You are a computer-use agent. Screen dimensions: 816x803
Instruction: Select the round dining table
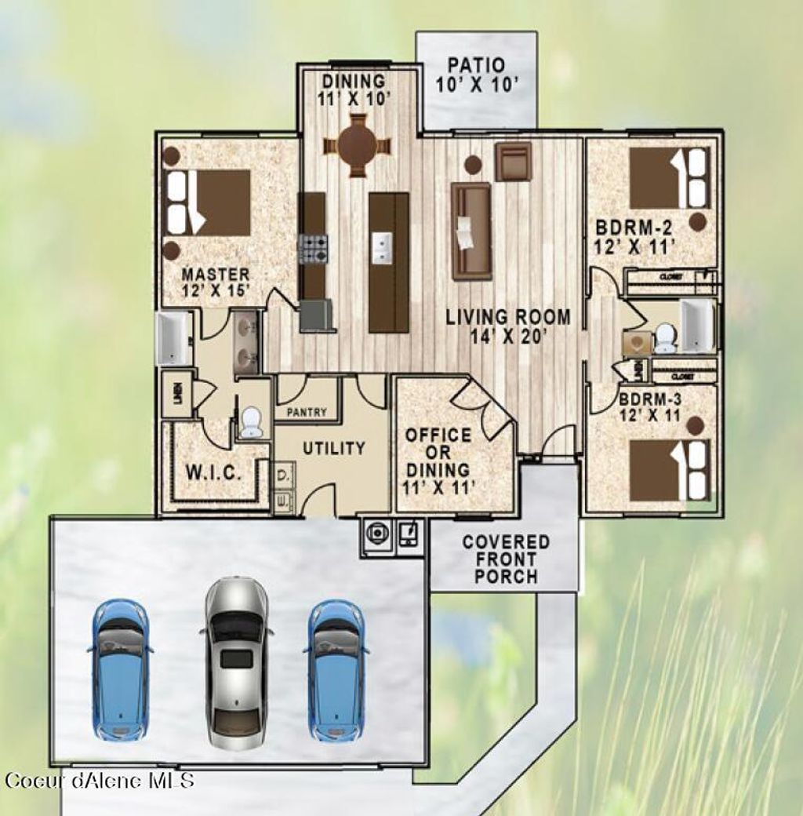358,145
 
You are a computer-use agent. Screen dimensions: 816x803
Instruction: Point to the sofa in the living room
471,231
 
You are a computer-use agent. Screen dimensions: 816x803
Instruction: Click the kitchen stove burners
314,249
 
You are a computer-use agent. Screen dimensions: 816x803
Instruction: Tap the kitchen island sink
382,248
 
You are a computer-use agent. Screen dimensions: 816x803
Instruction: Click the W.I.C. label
212,473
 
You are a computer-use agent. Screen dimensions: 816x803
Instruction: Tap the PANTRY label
307,412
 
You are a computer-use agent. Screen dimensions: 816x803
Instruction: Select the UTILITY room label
334,449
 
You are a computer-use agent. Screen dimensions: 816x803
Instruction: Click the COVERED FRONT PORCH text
506,559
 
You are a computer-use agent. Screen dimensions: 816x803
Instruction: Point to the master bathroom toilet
251,421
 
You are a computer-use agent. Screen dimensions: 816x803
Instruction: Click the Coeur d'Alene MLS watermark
99,780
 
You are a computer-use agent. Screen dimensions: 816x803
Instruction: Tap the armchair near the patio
513,161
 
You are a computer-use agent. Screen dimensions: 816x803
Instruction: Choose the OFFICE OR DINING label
438,461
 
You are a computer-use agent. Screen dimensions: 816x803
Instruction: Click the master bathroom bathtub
174,339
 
